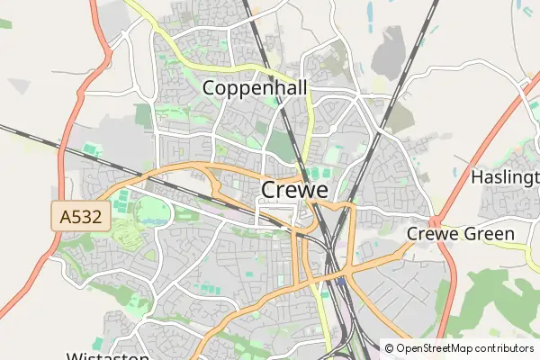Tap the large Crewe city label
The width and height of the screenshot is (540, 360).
pos(294,190)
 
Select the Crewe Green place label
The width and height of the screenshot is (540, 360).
pos(461,234)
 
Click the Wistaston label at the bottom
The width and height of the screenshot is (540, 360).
pos(108,355)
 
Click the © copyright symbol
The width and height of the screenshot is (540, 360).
pos(389,348)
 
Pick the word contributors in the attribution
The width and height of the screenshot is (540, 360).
pos(504,348)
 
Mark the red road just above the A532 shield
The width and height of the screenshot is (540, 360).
pos(61,162)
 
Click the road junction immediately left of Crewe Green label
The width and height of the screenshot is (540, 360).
pos(434,221)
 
